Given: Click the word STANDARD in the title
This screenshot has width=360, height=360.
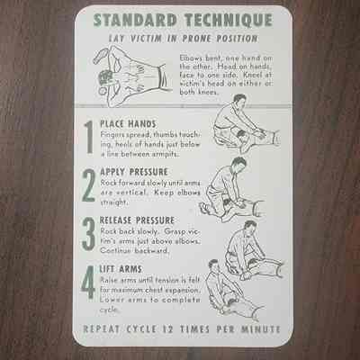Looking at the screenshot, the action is [135, 20].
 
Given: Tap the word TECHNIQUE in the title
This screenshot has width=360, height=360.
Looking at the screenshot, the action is [229, 20].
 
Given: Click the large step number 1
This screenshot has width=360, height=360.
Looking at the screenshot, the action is [89, 138].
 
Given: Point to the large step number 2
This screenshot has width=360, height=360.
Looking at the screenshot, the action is [89, 185].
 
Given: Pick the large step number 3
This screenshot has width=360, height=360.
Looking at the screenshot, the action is [88, 234].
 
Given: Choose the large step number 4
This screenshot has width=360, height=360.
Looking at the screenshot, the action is [88, 283].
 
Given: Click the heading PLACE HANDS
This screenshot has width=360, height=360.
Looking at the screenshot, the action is [128, 124].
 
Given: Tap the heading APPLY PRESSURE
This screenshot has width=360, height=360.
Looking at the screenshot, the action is [134, 172].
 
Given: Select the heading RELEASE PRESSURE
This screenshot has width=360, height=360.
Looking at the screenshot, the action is [137, 220].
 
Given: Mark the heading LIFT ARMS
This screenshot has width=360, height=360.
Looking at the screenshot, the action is [121, 269].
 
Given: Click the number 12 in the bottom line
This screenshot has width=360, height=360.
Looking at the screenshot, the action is [167, 329].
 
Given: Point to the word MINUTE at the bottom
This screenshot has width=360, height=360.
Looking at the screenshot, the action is [260, 329].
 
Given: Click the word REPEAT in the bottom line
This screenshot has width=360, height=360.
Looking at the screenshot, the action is [101, 329].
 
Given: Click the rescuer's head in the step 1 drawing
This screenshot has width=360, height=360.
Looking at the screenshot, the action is [239, 101].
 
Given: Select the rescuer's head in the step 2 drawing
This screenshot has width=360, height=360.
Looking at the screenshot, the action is [239, 164].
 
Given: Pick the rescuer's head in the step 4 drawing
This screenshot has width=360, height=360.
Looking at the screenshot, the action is [213, 265].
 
